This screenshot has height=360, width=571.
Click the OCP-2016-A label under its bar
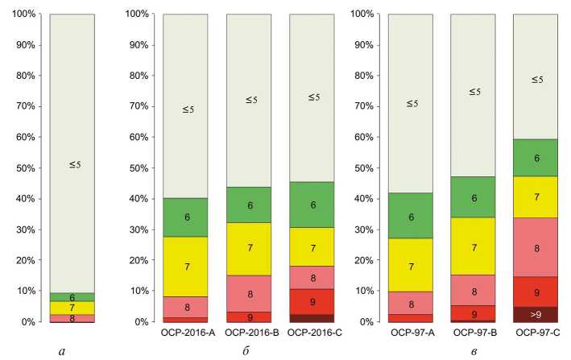coord(185,332)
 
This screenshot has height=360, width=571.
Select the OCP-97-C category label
coord(537,332)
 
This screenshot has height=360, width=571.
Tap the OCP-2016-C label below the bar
coord(312,332)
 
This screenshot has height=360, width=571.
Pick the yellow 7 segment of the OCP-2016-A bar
coord(185,267)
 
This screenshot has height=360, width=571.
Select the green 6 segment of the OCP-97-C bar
coord(536,158)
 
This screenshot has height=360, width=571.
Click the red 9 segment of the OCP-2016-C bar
coord(312,301)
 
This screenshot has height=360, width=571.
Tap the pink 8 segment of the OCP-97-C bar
coord(536,248)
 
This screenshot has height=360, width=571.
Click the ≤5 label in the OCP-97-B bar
coord(474,92)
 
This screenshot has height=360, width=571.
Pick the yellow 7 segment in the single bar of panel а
coord(72,308)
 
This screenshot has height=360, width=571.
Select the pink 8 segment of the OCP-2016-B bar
coord(248,294)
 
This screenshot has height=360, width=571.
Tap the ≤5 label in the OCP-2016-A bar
coord(185,109)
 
